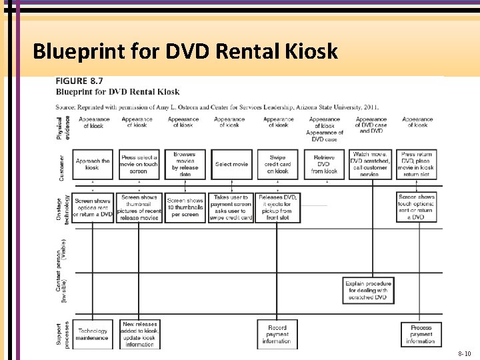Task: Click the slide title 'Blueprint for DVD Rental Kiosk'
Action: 185,51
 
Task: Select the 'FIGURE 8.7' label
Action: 75,82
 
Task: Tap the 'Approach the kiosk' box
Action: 93,164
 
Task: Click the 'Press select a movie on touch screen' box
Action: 139,164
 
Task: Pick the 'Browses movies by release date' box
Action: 185,164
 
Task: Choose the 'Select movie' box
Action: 231,164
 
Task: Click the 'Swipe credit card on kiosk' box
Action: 277,164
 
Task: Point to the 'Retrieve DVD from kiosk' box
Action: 323,164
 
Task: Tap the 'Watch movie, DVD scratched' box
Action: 370,164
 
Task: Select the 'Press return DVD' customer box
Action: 417,164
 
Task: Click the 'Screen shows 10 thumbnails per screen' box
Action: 185,208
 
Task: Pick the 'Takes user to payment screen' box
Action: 231,208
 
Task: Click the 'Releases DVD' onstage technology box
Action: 277,208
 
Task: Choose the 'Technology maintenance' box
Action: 93,334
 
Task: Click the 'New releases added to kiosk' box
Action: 139,334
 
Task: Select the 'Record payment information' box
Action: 277,334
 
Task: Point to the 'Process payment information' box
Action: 421,334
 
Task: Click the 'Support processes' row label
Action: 61,331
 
